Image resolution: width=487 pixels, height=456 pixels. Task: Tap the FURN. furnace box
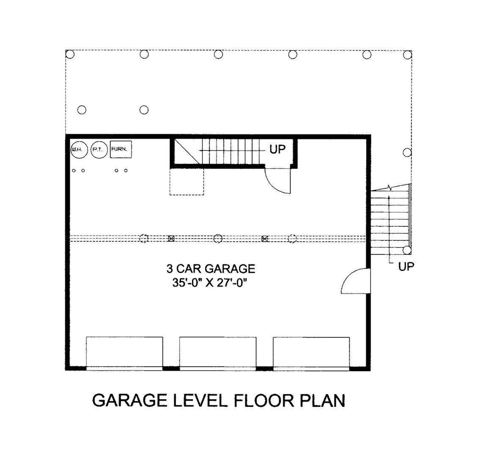121,148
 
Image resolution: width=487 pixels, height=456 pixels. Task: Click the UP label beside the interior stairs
277,149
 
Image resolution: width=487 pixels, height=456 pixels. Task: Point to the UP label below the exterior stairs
406,267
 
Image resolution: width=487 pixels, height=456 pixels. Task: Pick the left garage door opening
124,352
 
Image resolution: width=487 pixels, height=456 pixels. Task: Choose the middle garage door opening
218,352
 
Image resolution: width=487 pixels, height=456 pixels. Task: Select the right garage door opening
311,352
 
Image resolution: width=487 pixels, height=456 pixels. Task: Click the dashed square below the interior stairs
187,182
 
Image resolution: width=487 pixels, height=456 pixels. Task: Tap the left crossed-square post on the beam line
171,239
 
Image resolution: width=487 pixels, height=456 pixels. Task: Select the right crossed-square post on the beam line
265,239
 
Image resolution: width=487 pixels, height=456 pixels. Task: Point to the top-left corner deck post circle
69,55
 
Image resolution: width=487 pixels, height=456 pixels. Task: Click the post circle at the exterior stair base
407,250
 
